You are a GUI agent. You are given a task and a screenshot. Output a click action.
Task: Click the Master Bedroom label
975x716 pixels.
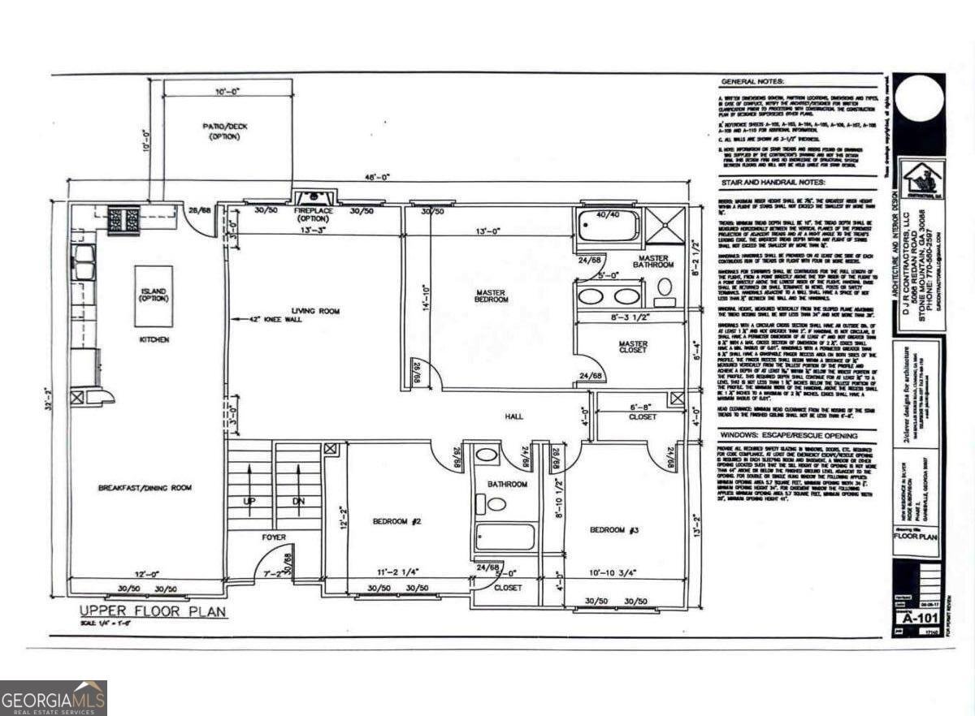point(492,295)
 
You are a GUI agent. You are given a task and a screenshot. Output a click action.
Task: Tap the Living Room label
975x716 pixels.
point(316,311)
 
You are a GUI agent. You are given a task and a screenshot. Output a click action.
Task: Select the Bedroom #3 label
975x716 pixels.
point(614,529)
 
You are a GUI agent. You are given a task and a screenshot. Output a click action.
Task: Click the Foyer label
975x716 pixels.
point(273,537)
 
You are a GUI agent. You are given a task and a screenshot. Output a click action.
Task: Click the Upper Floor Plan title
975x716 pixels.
point(152,611)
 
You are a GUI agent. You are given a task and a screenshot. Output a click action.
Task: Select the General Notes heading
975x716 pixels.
point(752,82)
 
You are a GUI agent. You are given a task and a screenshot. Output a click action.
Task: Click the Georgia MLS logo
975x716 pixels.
point(54,697)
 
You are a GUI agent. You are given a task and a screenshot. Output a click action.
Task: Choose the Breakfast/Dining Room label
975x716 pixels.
point(145,487)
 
